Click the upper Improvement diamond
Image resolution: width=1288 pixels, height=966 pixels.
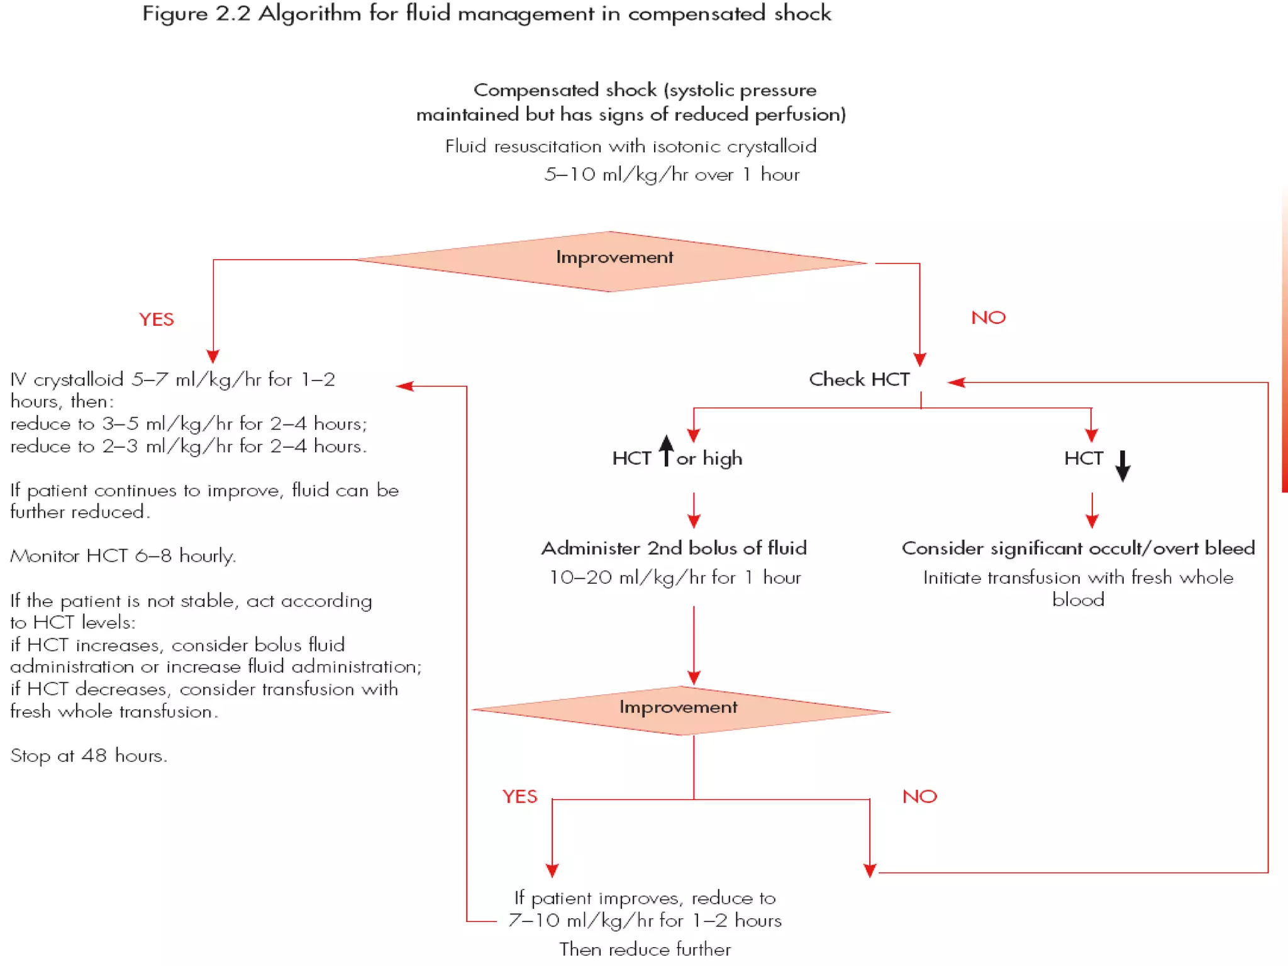pyautogui.click(x=613, y=261)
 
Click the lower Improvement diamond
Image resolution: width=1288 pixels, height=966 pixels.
pyautogui.click(x=679, y=710)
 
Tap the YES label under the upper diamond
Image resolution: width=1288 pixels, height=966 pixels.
pyautogui.click(x=157, y=319)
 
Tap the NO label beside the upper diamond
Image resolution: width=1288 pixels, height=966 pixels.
pyautogui.click(x=988, y=318)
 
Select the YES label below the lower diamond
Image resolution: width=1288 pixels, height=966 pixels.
pyautogui.click(x=520, y=797)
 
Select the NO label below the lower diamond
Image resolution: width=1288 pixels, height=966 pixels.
pyautogui.click(x=919, y=797)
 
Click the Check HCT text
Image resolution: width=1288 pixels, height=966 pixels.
pyautogui.click(x=859, y=380)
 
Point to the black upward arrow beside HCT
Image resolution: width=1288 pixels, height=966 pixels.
pyautogui.click(x=666, y=451)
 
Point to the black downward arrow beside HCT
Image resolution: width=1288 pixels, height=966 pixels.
pyautogui.click(x=1123, y=465)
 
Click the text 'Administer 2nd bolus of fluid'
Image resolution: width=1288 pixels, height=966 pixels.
pyautogui.click(x=674, y=548)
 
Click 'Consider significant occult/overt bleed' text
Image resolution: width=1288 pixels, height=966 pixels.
pyautogui.click(x=1078, y=548)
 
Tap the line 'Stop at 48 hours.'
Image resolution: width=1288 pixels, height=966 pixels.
pyautogui.click(x=89, y=755)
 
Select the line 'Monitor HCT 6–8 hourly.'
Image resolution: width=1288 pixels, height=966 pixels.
pyautogui.click(x=123, y=556)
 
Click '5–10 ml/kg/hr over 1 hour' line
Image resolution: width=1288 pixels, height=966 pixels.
pyautogui.click(x=672, y=174)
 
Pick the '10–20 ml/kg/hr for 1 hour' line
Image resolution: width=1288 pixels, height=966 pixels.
pyautogui.click(x=675, y=577)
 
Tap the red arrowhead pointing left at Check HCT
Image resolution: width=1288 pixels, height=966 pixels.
pyautogui.click(x=956, y=382)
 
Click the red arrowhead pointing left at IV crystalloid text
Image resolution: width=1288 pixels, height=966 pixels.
pyautogui.click(x=404, y=386)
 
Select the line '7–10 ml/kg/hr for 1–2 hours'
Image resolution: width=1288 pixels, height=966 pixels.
pyautogui.click(x=645, y=921)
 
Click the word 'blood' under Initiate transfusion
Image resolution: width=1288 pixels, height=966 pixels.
pyautogui.click(x=1078, y=600)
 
